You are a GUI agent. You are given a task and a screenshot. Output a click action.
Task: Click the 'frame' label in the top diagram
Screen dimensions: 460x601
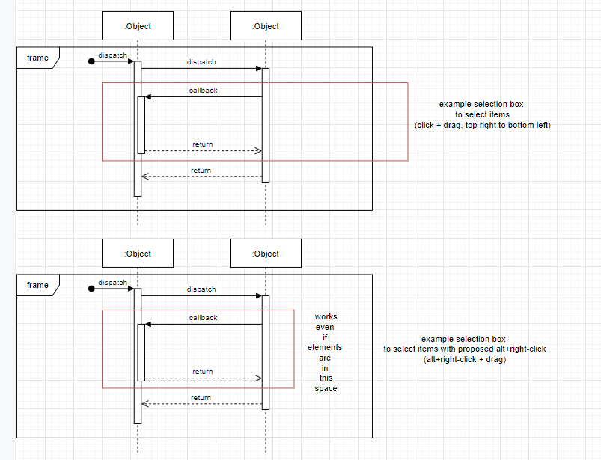[37, 58]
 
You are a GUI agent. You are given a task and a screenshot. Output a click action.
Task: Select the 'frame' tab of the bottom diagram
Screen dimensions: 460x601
[37, 285]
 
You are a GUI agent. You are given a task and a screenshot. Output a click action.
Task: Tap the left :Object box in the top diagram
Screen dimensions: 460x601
[138, 26]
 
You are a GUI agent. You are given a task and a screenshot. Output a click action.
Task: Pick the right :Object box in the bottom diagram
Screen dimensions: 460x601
[266, 254]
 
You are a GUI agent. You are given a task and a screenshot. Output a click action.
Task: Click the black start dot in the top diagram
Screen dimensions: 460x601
[91, 61]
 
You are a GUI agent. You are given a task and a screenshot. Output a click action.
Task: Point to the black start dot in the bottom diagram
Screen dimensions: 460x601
[91, 289]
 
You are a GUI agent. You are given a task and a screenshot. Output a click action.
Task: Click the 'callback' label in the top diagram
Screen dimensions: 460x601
[204, 91]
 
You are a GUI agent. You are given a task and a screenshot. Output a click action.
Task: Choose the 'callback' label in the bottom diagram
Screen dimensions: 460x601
[204, 318]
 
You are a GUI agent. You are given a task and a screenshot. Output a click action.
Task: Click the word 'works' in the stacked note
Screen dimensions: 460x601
[326, 317]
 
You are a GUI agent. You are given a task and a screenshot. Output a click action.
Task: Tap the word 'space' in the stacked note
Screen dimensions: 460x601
[326, 388]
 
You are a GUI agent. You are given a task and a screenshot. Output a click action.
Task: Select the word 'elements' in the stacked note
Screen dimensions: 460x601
[325, 348]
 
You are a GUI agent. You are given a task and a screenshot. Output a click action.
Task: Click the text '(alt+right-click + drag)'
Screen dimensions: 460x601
[464, 359]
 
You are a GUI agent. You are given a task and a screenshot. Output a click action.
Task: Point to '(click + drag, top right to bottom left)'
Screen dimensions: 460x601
[483, 125]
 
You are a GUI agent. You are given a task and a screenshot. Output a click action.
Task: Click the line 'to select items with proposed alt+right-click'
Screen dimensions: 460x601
[464, 349]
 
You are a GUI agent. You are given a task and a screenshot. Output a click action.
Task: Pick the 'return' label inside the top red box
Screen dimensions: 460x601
[202, 144]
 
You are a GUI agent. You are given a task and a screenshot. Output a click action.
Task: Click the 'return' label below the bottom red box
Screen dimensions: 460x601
[201, 398]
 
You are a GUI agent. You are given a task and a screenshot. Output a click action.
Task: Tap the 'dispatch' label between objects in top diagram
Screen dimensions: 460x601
[201, 62]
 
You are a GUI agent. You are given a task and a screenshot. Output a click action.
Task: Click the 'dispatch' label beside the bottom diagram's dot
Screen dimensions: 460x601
[112, 283]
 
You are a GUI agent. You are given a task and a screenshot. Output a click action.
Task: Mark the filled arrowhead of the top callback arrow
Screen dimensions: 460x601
[148, 96]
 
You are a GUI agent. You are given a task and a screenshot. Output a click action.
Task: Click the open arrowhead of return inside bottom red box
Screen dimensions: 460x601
[258, 378]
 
